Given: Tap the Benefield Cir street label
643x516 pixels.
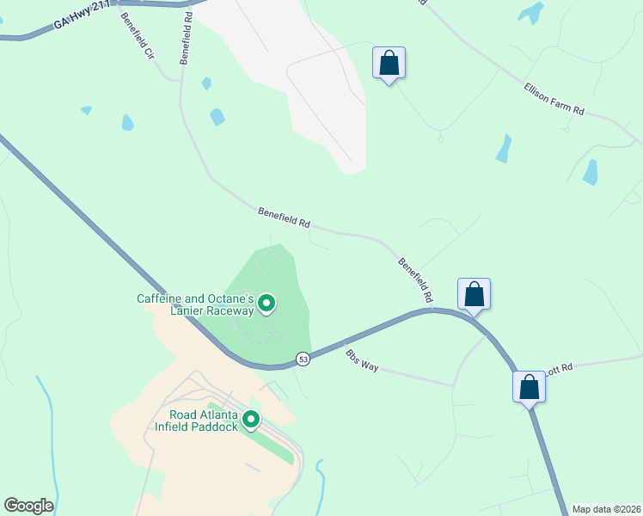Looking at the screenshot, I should [137, 35].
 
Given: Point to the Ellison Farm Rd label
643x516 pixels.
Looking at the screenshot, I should [554, 100].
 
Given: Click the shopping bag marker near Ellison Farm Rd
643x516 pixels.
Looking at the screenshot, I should [389, 64].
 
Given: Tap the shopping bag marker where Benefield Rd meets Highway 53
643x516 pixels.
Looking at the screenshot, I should [474, 295].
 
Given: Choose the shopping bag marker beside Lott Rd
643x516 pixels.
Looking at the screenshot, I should [529, 387].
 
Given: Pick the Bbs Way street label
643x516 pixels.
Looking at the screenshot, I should [363, 360].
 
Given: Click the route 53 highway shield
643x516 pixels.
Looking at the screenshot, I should [303, 358].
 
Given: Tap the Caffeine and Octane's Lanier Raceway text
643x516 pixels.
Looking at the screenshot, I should [195, 305].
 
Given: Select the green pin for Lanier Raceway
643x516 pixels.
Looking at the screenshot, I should [266, 303].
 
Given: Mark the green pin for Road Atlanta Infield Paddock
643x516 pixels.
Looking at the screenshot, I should [251, 420].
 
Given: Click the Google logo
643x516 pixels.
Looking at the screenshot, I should [28, 506].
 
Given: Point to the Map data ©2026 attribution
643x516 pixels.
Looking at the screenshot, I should [606, 509].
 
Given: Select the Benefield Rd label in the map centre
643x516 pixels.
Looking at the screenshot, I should [284, 217].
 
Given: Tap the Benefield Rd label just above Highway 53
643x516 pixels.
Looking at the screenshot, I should [415, 279].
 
